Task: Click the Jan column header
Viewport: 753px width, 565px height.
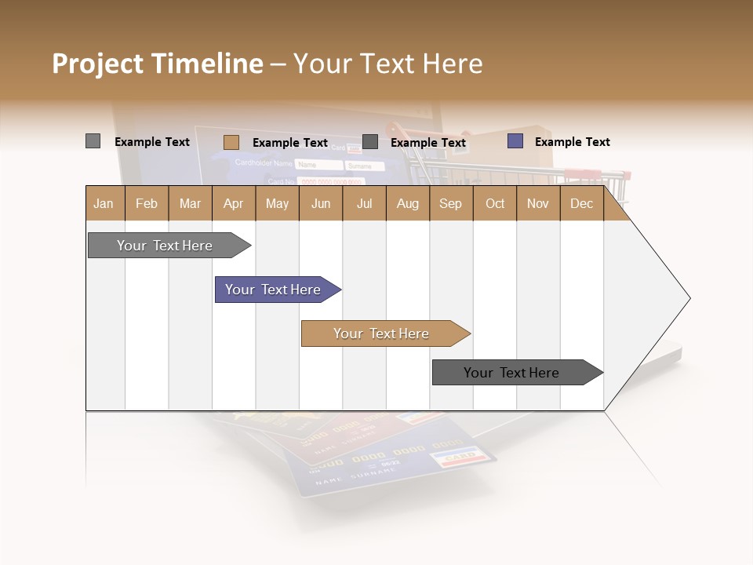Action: [104, 203]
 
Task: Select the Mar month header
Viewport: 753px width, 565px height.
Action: [190, 203]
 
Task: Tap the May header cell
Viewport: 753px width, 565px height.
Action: [277, 203]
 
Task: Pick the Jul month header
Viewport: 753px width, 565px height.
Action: [364, 203]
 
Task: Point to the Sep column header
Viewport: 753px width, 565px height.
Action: [450, 203]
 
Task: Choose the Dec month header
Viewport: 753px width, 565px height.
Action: [581, 203]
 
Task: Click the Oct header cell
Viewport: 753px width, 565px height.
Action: [495, 203]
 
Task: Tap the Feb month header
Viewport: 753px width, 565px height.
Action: [147, 203]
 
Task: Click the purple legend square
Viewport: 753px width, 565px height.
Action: [515, 141]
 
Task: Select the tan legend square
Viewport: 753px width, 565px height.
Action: [231, 142]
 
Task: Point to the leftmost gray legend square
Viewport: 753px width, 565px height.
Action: [93, 141]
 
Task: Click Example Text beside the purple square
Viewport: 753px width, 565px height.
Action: [572, 142]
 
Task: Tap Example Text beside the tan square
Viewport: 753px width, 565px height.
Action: [289, 143]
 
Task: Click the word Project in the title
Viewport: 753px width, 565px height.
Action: [98, 64]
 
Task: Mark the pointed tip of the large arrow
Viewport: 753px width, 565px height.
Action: [689, 298]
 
